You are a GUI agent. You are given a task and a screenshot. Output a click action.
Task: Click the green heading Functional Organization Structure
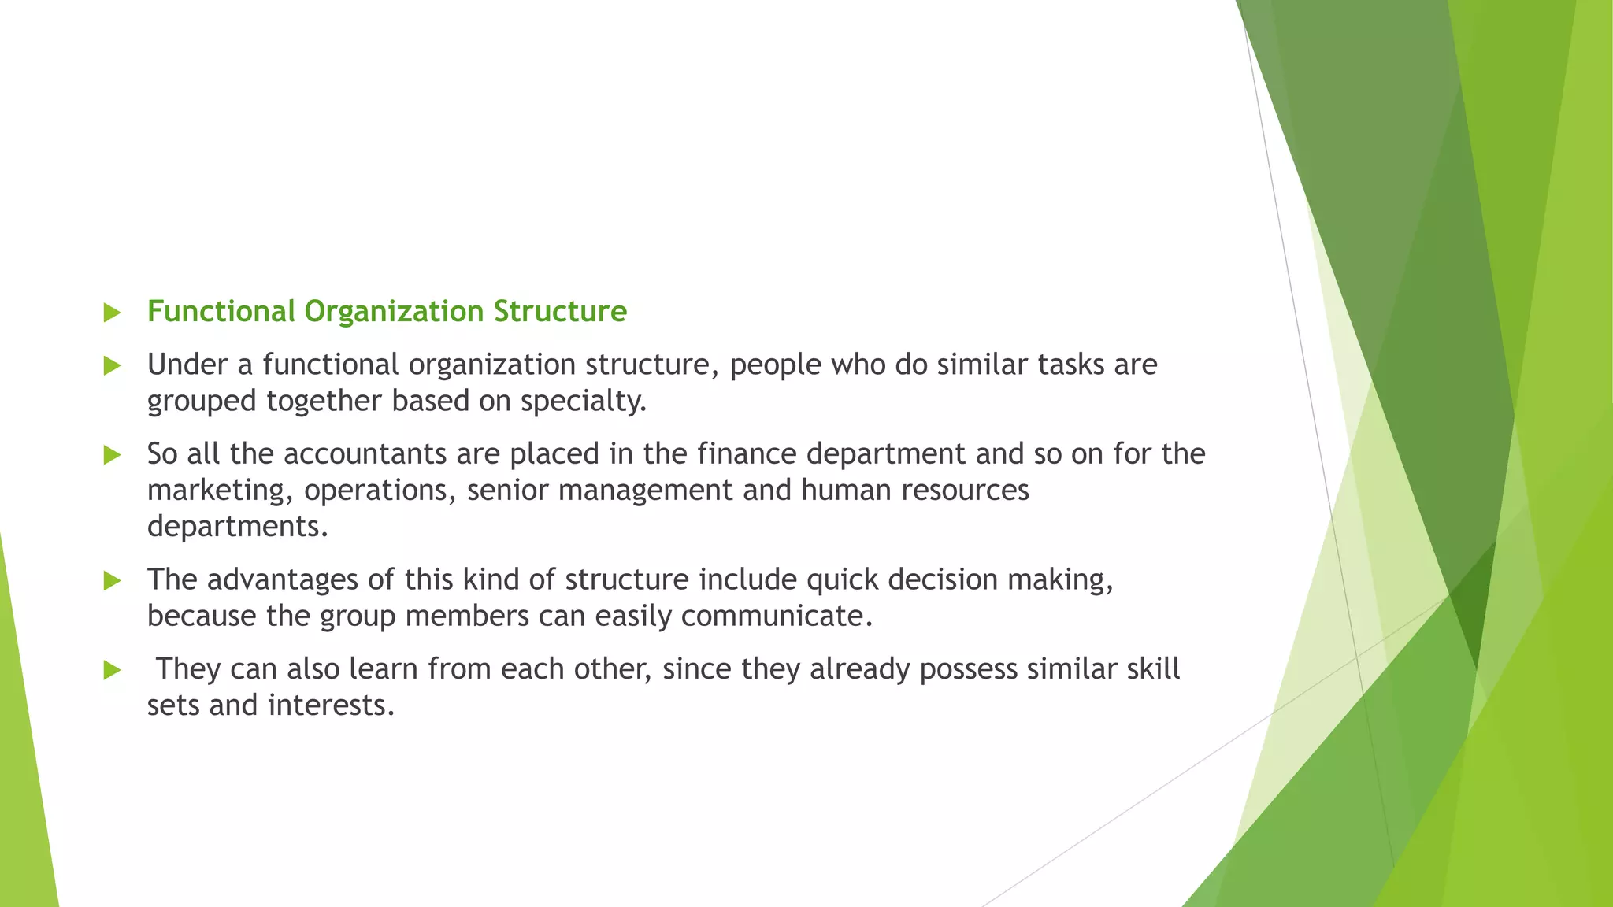[x=387, y=312]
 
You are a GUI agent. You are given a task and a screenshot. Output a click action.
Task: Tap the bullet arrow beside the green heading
[x=112, y=313]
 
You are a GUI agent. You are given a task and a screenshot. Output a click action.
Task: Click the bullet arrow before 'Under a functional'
[x=112, y=365]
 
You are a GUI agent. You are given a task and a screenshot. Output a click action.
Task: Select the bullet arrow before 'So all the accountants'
[x=112, y=454]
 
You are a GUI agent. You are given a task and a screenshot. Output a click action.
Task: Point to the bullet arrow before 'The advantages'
[x=112, y=581]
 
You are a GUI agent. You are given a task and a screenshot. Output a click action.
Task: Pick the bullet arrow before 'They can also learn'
[x=112, y=670]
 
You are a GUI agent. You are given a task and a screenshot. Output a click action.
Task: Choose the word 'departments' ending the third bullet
[x=235, y=527]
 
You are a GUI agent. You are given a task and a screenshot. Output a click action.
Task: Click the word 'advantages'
[x=284, y=580]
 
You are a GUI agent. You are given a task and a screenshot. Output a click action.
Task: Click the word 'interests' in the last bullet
[x=328, y=705]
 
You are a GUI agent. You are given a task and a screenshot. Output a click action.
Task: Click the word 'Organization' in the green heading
[x=394, y=312]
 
